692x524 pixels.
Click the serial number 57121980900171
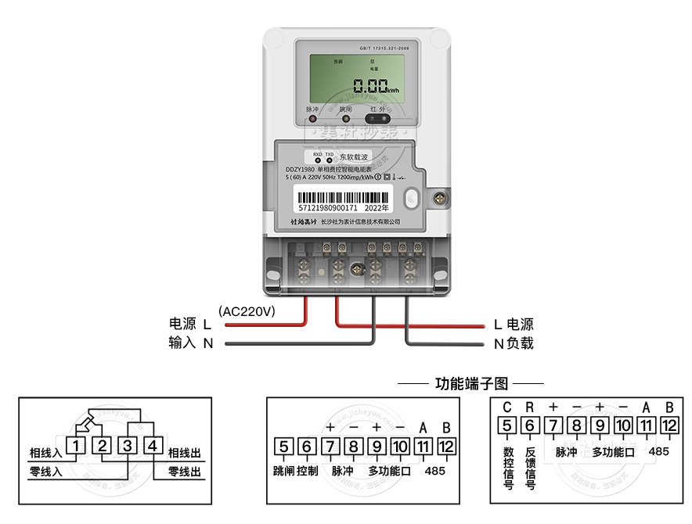(328, 208)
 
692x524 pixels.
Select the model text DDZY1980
(300, 170)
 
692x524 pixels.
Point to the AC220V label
(247, 310)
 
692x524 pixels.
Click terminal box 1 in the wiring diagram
(76, 447)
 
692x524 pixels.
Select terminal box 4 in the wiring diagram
(153, 447)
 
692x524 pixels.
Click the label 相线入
(45, 451)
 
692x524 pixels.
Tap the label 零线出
(185, 472)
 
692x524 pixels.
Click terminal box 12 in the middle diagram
(446, 447)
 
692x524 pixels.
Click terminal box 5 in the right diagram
(507, 426)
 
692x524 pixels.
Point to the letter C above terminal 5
(507, 407)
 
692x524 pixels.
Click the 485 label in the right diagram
(658, 451)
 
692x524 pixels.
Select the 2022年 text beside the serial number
(376, 208)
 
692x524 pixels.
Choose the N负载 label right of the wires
(514, 343)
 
